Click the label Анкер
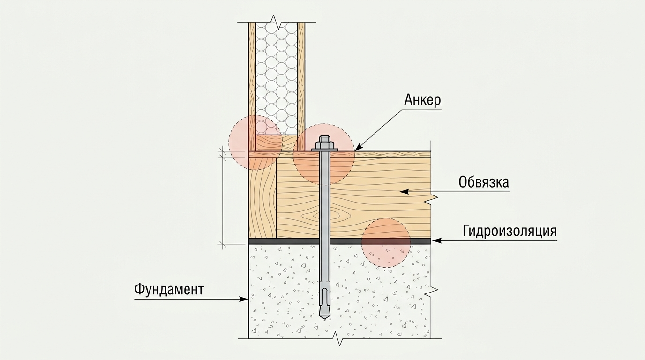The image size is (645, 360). click(422, 100)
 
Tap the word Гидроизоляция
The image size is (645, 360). click(510, 231)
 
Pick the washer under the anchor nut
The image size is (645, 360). click(324, 150)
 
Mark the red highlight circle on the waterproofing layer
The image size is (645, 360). click(386, 242)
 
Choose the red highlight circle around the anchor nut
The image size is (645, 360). click(324, 154)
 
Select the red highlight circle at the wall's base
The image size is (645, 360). click(255, 142)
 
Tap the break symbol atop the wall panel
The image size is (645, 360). click(277, 22)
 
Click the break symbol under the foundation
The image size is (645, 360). click(338, 339)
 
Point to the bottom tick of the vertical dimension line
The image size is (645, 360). click(222, 245)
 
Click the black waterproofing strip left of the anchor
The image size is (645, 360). click(284, 241)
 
